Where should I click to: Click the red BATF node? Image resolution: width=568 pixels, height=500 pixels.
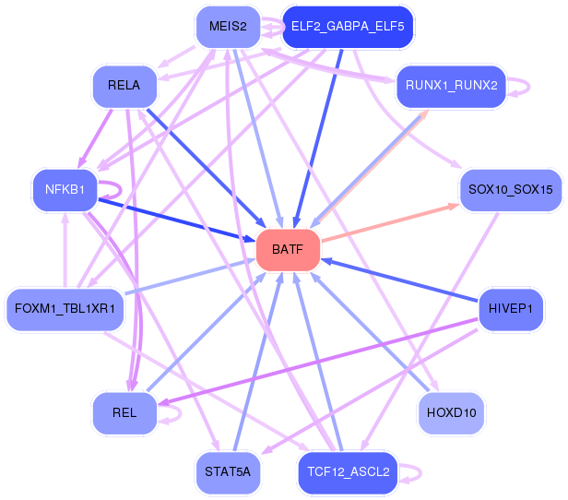288,250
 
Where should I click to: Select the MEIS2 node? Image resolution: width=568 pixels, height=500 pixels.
229,27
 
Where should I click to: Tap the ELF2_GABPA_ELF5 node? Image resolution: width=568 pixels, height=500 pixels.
348,27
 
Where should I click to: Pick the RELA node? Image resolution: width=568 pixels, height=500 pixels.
124,86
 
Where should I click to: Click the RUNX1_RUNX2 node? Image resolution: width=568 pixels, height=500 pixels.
451,86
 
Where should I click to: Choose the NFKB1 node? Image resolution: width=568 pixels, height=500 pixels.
65,190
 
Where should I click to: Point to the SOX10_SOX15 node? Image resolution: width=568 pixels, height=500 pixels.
511,190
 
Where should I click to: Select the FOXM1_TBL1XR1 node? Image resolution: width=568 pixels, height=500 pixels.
65,309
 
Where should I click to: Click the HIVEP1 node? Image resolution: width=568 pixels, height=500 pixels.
511,309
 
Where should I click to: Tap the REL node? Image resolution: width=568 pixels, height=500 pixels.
124,413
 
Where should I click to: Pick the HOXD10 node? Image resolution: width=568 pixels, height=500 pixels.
451,413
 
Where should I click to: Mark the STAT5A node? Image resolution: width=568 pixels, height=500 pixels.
229,472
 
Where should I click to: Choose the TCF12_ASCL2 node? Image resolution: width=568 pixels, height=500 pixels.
348,472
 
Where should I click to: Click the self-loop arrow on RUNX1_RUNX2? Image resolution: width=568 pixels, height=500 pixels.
529,87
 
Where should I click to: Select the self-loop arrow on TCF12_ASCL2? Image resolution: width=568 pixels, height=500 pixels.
420,473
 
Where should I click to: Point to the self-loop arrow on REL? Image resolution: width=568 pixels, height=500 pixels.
180,414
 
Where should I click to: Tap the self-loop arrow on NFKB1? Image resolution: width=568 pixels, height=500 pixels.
121,190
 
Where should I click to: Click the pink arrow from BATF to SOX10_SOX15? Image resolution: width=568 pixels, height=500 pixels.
391,222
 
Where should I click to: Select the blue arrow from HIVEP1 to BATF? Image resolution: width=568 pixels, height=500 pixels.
399,280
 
